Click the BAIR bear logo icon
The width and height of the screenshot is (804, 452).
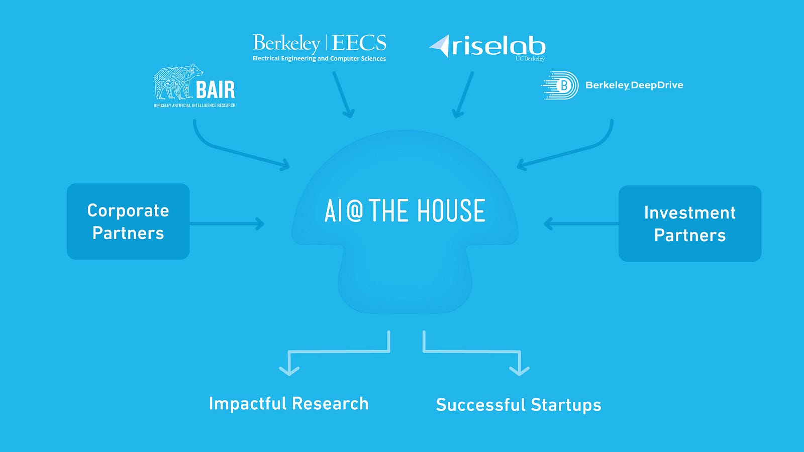[x=178, y=82]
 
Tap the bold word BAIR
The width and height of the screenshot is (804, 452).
[x=216, y=90]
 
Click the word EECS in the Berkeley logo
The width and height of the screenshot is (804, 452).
[x=359, y=43]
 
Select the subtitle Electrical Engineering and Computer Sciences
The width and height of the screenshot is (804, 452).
[x=320, y=58]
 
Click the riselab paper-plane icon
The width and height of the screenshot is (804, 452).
[x=440, y=46]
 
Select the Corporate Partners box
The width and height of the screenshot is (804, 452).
[x=128, y=221]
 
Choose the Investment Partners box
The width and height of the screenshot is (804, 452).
[x=690, y=223]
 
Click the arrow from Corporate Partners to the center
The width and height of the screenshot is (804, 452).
[x=227, y=223]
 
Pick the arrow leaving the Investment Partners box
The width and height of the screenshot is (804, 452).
[x=581, y=223]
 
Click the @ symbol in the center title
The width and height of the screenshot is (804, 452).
[x=355, y=210]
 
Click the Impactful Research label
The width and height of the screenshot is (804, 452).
[x=289, y=404]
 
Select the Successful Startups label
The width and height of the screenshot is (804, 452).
[x=519, y=405]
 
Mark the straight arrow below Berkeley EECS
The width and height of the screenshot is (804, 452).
[x=343, y=94]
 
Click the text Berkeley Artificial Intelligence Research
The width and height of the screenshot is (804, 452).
[x=194, y=105]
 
